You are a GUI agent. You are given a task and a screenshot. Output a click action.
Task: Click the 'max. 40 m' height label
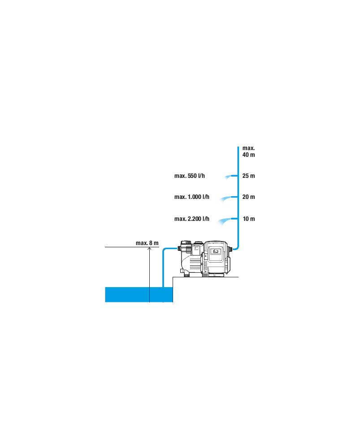(248, 151)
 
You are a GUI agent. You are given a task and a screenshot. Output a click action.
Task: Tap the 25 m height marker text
(248, 176)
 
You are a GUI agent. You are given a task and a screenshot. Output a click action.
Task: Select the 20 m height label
(248, 197)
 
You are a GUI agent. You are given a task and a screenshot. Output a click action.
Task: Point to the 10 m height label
(249, 219)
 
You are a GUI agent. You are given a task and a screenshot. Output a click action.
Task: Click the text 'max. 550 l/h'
(190, 176)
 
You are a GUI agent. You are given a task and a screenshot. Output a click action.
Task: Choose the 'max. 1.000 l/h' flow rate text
(192, 197)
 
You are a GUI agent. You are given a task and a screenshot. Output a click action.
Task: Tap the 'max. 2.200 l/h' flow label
(192, 219)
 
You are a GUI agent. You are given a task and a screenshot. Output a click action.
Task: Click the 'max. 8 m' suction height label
(147, 243)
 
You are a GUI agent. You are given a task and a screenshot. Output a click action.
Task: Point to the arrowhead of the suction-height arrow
(149, 249)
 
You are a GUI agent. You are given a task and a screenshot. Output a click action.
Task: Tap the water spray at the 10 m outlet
(224, 222)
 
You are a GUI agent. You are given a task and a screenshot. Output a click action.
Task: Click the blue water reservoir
(139, 295)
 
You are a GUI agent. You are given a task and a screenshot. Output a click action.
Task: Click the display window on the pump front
(215, 251)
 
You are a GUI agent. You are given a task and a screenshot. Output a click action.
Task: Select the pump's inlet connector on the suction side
(180, 249)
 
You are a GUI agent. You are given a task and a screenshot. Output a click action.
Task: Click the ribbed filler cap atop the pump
(186, 243)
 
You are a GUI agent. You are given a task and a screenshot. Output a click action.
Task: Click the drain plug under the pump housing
(187, 275)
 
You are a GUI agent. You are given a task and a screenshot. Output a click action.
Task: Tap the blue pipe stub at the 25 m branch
(235, 176)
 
